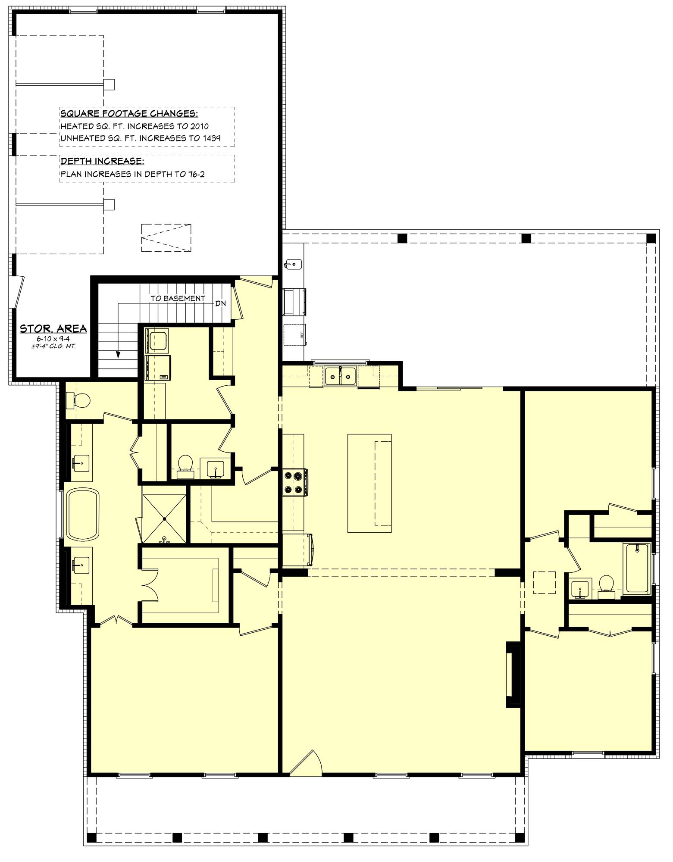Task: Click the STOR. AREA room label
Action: tap(53, 329)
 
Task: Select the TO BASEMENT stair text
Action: tap(178, 298)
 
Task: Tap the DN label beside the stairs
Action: tap(220, 303)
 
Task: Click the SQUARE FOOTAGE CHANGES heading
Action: tap(129, 114)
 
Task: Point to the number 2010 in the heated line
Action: tap(199, 126)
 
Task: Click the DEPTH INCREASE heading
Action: tap(102, 161)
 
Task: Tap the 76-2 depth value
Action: tap(196, 174)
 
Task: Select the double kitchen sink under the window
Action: tap(340, 376)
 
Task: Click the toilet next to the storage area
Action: tap(78, 401)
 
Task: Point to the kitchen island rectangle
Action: tap(369, 483)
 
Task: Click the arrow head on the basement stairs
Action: tap(118, 354)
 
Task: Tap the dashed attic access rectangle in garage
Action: tap(166, 237)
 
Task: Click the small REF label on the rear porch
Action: tap(302, 334)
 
